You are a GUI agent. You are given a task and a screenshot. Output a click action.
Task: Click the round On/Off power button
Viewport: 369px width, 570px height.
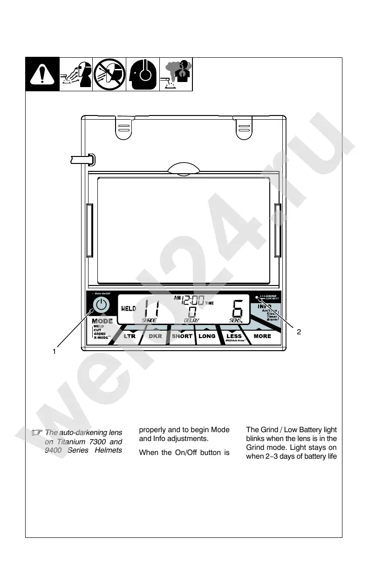(101, 305)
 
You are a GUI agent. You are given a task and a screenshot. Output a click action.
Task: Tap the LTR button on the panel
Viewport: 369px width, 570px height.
(129, 336)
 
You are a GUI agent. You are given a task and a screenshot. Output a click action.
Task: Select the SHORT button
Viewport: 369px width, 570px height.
(182, 336)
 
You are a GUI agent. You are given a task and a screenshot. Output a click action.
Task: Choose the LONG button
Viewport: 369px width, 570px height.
(207, 336)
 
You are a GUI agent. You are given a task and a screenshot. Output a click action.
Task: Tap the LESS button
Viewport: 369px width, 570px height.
(234, 336)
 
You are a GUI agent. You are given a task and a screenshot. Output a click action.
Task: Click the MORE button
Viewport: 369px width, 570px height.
(262, 336)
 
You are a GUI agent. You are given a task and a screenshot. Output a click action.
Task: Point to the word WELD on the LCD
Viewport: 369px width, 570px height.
(129, 308)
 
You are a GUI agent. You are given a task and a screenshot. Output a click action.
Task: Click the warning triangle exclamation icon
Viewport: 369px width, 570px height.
(42, 75)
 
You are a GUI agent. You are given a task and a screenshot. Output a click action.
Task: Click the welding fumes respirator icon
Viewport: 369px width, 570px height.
(176, 75)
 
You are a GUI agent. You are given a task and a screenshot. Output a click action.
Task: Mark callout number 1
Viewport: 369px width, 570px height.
(54, 352)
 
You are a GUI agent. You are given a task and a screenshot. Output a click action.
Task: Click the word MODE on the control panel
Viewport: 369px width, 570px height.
(102, 321)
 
